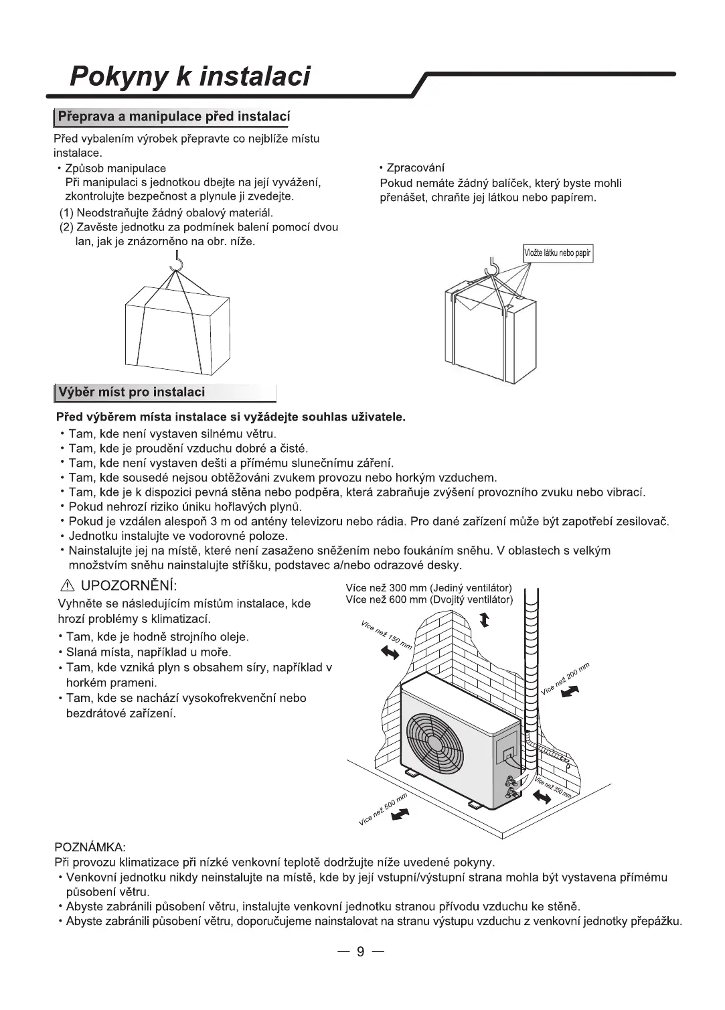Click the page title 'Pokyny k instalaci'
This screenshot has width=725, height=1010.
point(190,76)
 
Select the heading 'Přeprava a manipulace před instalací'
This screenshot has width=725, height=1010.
point(173,117)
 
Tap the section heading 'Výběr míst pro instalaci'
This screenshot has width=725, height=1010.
point(132,392)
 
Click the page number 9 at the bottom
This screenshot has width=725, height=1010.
point(360,952)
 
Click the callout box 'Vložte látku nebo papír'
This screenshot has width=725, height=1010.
point(558,254)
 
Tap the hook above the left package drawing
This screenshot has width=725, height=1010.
point(177,262)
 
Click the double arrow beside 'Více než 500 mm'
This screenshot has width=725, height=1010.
point(400,814)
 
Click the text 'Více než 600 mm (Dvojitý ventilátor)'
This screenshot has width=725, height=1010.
point(428,599)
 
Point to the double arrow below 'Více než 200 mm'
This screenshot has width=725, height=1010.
point(568,694)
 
